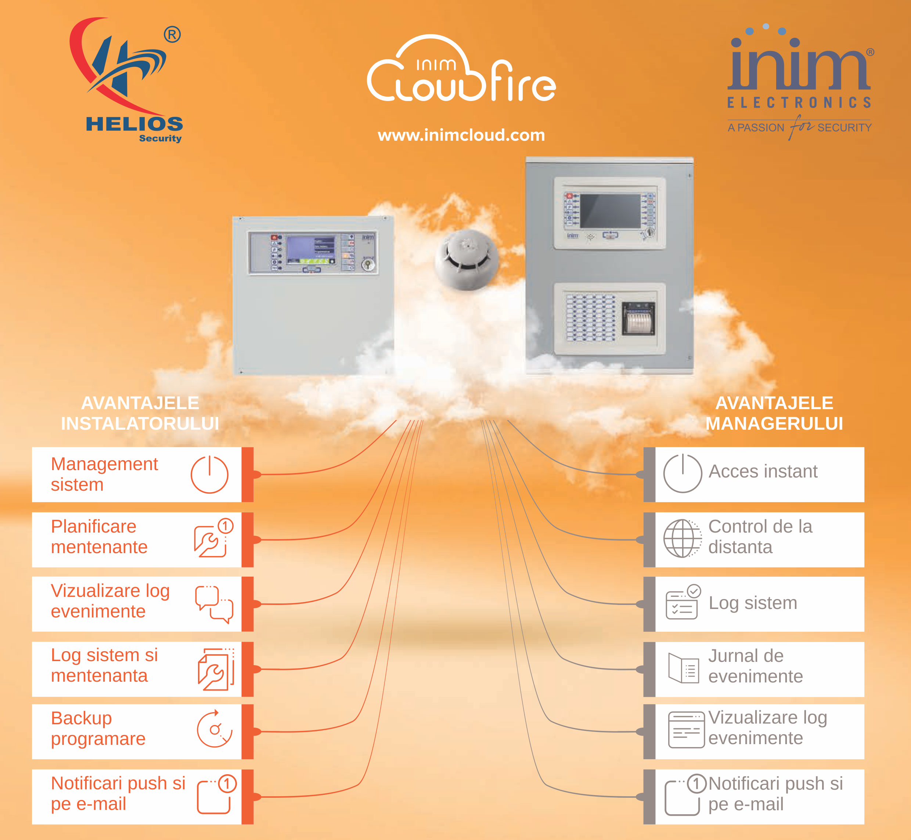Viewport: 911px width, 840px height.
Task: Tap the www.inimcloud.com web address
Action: (x=461, y=135)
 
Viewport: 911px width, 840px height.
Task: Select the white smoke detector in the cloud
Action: (x=467, y=259)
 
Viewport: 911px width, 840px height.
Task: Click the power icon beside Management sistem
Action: (x=209, y=475)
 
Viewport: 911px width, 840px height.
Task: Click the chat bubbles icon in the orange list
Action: (x=214, y=603)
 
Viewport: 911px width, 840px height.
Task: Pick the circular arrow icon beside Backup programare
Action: (x=214, y=729)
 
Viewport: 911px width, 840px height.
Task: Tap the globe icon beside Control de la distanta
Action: (x=682, y=539)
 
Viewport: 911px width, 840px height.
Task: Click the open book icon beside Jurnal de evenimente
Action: (x=683, y=668)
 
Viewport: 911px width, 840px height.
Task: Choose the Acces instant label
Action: (x=763, y=471)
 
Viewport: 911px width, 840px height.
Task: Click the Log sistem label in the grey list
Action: (x=752, y=603)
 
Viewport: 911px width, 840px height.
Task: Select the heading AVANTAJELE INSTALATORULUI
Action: (x=140, y=413)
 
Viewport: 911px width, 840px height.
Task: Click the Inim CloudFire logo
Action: (x=461, y=69)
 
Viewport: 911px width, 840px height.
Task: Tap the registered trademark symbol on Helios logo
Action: (x=172, y=35)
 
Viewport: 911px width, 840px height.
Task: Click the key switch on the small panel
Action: (x=368, y=264)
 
